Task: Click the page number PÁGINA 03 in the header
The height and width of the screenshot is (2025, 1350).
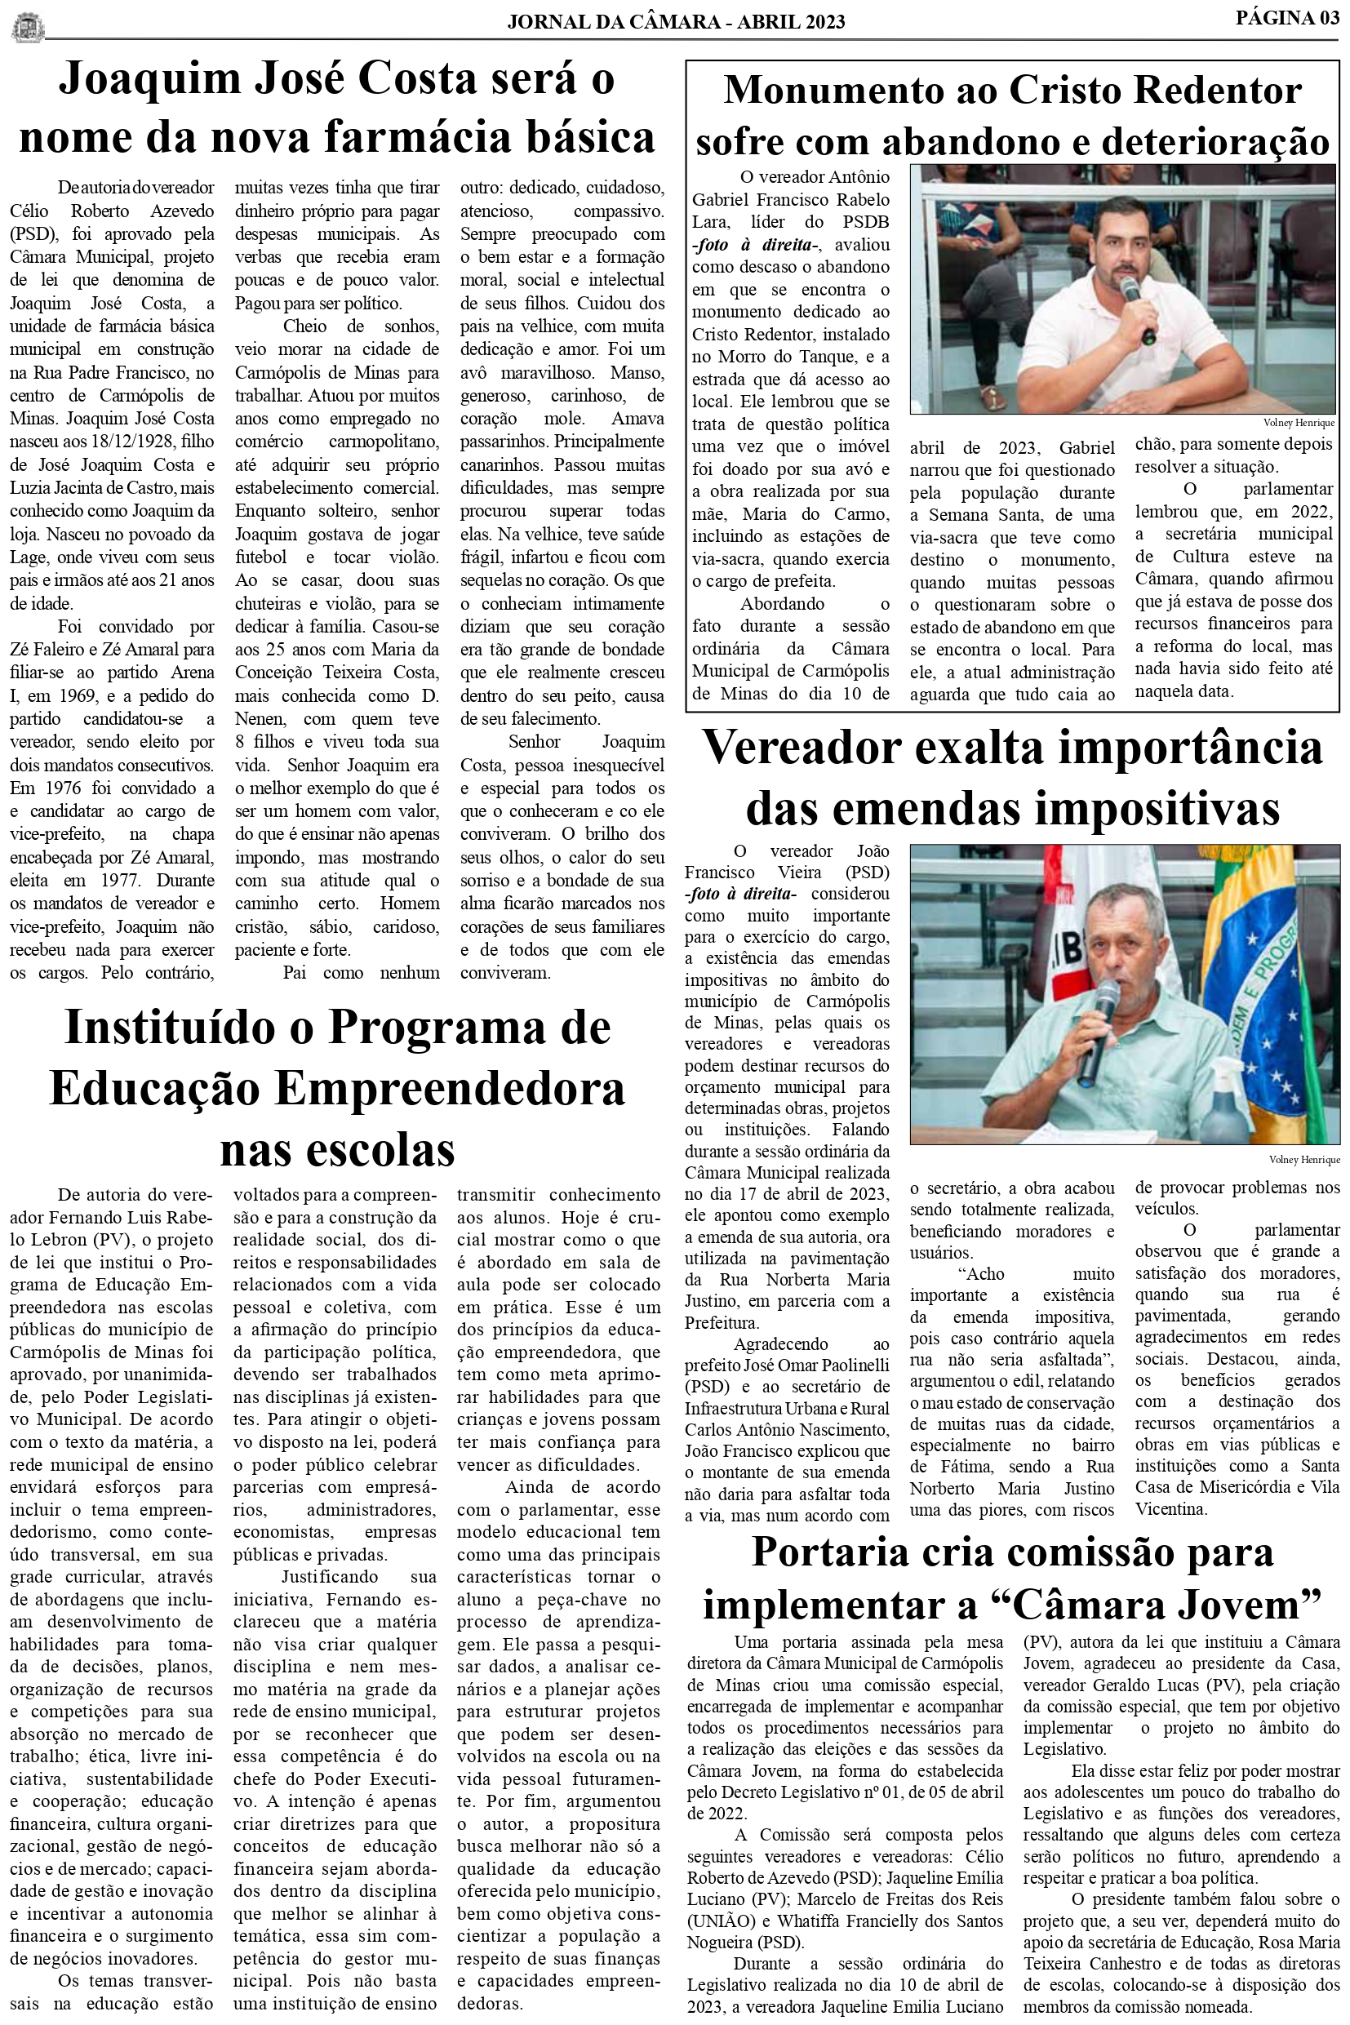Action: [1286, 17]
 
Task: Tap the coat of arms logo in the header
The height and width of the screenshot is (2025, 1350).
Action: [27, 26]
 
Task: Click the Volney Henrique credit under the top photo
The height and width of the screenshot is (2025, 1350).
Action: [1298, 423]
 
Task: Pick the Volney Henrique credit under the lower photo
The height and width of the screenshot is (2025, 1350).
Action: [1303, 1160]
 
